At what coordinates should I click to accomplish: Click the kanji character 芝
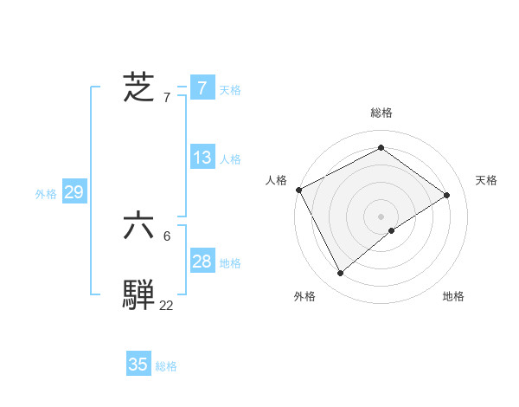click(138, 88)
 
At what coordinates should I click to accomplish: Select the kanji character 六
click(138, 227)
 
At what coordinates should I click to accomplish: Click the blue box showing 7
click(202, 88)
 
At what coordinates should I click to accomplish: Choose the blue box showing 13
click(202, 158)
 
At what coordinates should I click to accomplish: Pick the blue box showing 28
click(202, 262)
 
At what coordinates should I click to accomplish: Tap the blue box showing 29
click(74, 192)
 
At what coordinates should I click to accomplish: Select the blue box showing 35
click(138, 365)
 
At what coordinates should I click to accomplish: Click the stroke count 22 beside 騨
click(166, 305)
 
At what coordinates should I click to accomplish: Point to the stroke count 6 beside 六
click(166, 236)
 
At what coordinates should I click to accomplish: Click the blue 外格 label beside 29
click(46, 194)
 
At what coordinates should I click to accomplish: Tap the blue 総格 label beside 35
click(166, 366)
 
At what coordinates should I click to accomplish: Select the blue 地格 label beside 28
click(230, 263)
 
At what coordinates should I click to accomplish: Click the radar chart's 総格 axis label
click(381, 113)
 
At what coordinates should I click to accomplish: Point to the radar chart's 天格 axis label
click(487, 180)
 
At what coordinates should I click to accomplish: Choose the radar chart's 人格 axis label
click(276, 180)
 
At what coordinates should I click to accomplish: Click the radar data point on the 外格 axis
click(341, 274)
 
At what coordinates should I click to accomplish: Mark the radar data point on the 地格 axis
click(392, 230)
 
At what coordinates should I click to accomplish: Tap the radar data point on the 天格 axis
click(447, 195)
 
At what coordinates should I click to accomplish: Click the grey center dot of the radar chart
click(381, 216)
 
